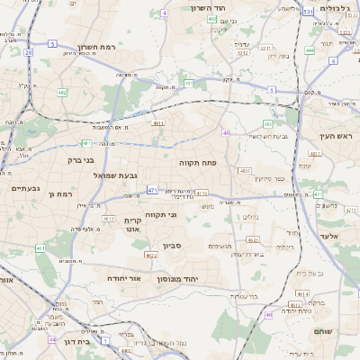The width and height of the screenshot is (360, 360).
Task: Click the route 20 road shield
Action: [29, 53]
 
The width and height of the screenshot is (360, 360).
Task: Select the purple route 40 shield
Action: [226, 132]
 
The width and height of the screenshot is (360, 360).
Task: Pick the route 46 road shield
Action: [268, 315]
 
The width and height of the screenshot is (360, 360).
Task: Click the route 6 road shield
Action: [332, 61]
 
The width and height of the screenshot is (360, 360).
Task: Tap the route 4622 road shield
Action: [150, 256]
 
